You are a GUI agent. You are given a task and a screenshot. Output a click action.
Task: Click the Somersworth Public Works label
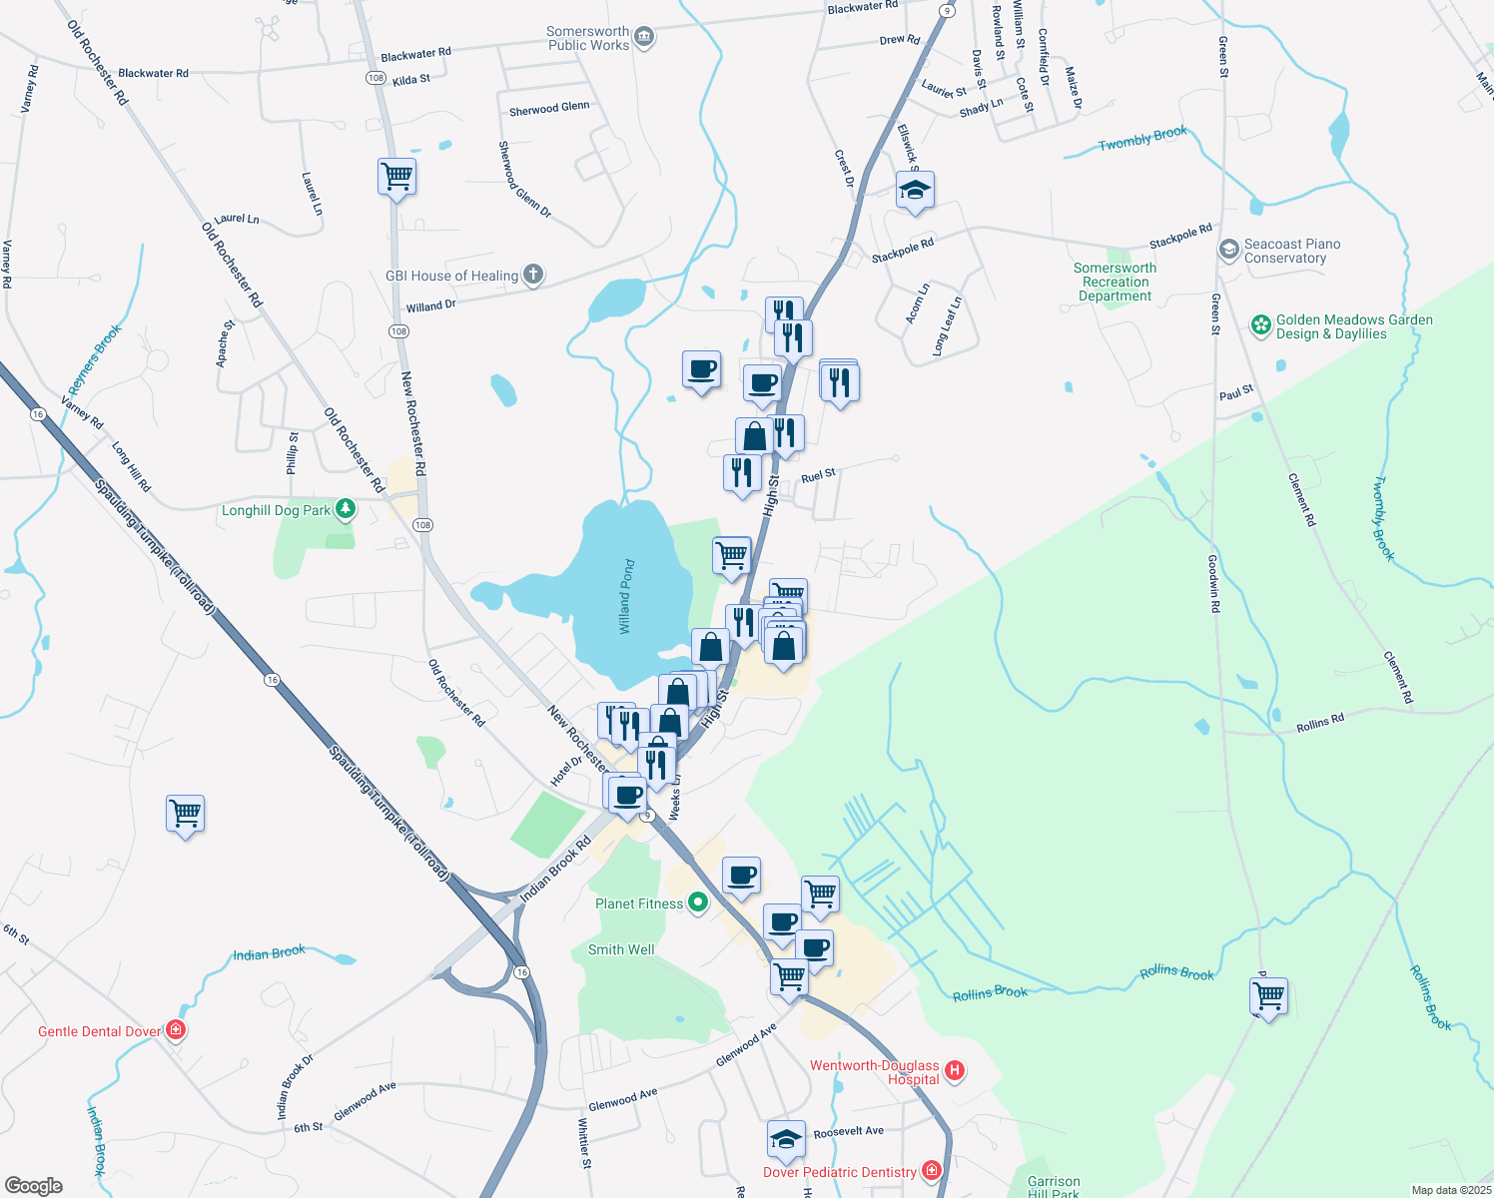point(588,38)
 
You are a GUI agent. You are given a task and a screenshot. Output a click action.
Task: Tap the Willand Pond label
point(626,597)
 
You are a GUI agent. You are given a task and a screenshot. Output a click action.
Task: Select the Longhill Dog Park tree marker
point(346,509)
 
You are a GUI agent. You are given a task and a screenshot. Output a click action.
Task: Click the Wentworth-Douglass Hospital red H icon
point(955,1071)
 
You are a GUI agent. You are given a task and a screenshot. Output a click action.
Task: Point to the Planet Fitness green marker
point(698,903)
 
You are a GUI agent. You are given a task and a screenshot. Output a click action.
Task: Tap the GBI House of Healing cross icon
point(533,275)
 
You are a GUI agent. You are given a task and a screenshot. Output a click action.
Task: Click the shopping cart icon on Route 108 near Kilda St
point(396,177)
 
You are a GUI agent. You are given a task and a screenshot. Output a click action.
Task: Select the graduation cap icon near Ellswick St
point(915,190)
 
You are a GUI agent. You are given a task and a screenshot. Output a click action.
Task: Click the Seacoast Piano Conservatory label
point(1291,251)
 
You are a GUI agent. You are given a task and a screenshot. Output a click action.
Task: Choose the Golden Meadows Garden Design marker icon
point(1261,325)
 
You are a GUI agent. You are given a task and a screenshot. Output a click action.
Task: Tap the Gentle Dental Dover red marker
point(176,1029)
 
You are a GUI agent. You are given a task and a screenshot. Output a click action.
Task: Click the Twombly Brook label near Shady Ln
point(1142,139)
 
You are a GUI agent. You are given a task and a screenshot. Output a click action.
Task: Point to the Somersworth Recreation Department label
point(1115,282)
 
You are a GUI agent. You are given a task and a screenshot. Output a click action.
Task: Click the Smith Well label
point(621,949)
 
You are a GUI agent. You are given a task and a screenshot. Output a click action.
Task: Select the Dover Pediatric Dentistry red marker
point(932,1170)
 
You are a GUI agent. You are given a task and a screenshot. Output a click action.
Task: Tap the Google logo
point(34,1186)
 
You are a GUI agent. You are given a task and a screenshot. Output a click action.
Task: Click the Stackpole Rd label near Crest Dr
point(902,250)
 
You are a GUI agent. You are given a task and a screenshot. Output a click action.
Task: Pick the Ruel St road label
point(818,476)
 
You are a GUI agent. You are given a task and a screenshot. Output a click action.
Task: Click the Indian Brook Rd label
point(555,871)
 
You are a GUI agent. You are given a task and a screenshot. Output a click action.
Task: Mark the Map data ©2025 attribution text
point(1451,1190)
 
